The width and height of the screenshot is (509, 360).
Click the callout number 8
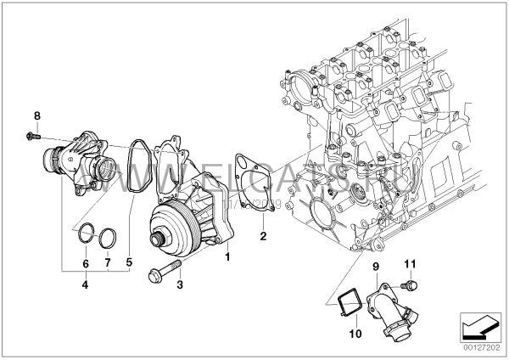(37, 115)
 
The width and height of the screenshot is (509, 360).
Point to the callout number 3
(85, 285)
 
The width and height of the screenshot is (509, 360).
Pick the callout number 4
(129, 263)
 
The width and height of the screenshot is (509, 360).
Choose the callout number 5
(85, 263)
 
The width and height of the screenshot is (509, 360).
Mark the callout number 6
(106, 263)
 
